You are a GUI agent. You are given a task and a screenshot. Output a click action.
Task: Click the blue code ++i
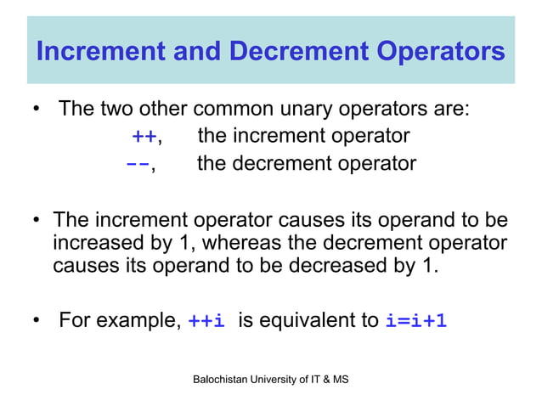(206, 321)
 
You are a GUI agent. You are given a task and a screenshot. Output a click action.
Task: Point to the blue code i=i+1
(416, 321)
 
